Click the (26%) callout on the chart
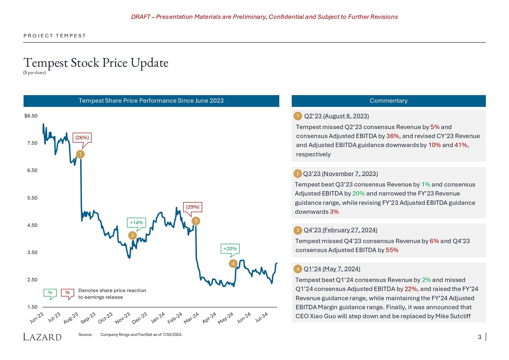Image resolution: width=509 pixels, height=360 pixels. click(82, 138)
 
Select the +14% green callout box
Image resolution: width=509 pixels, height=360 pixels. click(136, 222)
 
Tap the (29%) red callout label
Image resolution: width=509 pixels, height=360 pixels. click(193, 207)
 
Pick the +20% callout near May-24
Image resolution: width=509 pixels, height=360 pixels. click(230, 249)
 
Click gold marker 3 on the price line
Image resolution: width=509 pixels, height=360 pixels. click(196, 221)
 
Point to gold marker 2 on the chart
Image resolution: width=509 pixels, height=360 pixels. click(133, 235)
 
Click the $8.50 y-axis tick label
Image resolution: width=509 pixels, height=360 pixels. click(31, 116)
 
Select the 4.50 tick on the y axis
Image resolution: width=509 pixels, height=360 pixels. click(32, 225)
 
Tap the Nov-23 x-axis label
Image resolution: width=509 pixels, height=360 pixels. click(122, 318)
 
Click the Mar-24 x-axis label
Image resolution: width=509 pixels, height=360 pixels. click(191, 318)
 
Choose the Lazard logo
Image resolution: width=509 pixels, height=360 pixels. click(42, 337)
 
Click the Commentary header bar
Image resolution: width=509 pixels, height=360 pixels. click(389, 101)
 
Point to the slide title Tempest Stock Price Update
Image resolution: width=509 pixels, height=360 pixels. click(96, 63)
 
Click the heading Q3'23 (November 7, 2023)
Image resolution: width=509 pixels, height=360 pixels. click(340, 174)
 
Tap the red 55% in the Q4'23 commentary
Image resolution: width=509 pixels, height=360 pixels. click(392, 250)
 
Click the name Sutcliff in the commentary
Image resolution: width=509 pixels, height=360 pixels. click(458, 316)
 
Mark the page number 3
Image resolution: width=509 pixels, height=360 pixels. click(479, 337)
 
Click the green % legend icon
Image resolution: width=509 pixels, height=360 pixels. click(50, 293)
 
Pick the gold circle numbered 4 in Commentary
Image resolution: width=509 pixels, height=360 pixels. click(298, 269)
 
